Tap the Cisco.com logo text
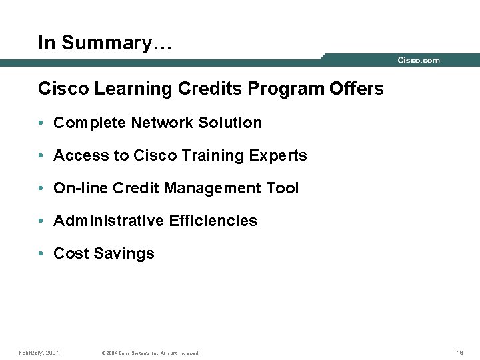tap(419, 61)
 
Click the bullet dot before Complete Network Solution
tap(41, 123)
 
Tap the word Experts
tap(279, 156)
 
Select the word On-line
tap(81, 188)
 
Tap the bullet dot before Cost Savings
tap(41, 254)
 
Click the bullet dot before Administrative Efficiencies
tap(41, 221)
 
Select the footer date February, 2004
tap(39, 352)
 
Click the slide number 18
tap(460, 352)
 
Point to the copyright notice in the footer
tap(149, 353)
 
